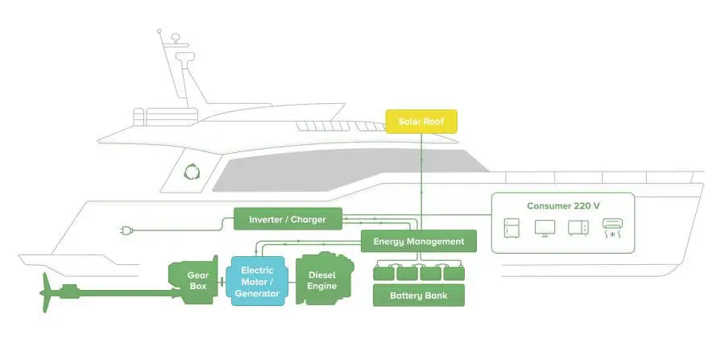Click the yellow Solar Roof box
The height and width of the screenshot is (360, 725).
tap(420, 122)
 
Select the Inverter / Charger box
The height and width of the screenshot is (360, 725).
tap(288, 218)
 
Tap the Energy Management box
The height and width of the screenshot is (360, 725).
tap(418, 241)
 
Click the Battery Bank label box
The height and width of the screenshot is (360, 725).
tap(419, 296)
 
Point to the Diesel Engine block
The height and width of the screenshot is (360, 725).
tap(321, 281)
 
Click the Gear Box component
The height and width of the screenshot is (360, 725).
tap(192, 277)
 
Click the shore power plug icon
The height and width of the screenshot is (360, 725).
tap(126, 231)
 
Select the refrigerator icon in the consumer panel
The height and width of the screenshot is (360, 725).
tap(513, 228)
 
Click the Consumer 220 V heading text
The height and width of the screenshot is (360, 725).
tap(563, 206)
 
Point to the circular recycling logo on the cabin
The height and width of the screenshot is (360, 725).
tap(192, 172)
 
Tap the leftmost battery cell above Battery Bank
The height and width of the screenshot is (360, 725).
tap(383, 271)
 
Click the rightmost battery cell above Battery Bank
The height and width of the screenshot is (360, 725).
tap(455, 271)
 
